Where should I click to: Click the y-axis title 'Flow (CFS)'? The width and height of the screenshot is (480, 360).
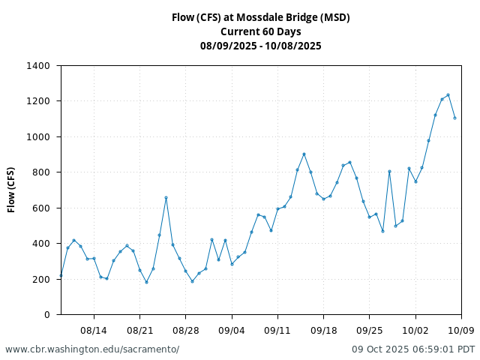point(11,190)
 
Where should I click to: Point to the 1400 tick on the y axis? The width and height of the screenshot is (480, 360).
point(37,66)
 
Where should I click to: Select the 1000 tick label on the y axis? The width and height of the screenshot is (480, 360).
point(37,137)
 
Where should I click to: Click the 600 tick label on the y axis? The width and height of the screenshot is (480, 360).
point(40,208)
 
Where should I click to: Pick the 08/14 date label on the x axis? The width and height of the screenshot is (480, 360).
point(94,330)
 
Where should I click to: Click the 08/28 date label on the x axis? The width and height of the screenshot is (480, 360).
point(185,330)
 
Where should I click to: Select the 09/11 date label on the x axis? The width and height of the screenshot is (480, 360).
point(277,330)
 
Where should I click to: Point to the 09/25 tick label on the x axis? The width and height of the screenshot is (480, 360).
point(370,330)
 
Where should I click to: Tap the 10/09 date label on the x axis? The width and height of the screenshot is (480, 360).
point(461,330)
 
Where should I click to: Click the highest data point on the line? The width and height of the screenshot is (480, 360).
point(448,95)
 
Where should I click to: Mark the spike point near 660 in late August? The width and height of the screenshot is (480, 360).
point(166,197)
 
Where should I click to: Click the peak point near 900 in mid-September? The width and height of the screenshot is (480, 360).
point(304,154)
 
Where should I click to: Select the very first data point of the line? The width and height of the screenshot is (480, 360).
point(61,275)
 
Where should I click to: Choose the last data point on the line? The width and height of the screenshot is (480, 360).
point(454,118)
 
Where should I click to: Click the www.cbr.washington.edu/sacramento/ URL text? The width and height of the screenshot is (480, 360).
point(92,349)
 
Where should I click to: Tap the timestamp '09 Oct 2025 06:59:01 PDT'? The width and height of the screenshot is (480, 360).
point(413,349)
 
